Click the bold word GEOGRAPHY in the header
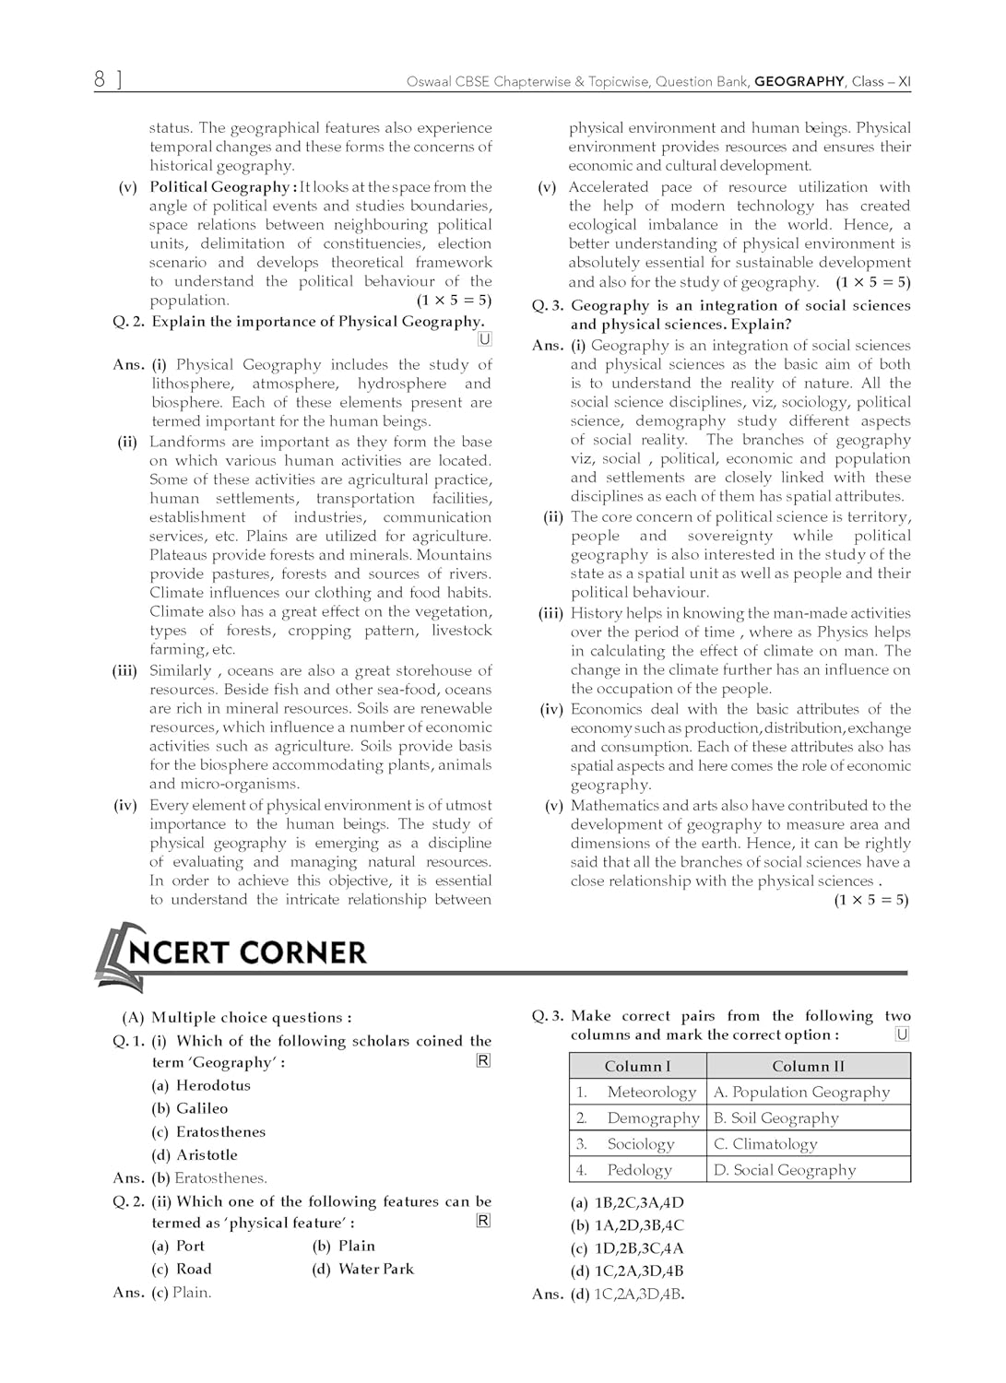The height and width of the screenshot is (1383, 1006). (799, 82)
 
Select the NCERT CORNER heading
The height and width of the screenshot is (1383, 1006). (247, 952)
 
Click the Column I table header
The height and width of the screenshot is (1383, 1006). (637, 1066)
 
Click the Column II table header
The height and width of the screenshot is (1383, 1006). (808, 1066)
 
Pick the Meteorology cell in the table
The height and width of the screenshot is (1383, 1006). (651, 1092)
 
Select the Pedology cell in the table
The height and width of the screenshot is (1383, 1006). (639, 1169)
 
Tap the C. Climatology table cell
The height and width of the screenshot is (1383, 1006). (765, 1143)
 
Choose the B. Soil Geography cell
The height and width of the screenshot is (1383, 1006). (775, 1117)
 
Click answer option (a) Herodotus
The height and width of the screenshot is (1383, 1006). (201, 1085)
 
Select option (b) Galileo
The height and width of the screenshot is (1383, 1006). (190, 1108)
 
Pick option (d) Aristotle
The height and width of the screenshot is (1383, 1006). (195, 1154)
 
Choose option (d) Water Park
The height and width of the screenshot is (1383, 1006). (363, 1269)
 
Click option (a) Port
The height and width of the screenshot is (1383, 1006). (178, 1246)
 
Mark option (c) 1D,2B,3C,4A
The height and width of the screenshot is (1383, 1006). (627, 1248)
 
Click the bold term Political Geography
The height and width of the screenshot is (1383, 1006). (219, 187)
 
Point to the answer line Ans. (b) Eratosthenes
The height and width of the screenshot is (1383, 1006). (190, 1177)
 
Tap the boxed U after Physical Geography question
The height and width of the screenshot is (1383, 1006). (484, 339)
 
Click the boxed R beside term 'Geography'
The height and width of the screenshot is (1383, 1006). (482, 1060)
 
